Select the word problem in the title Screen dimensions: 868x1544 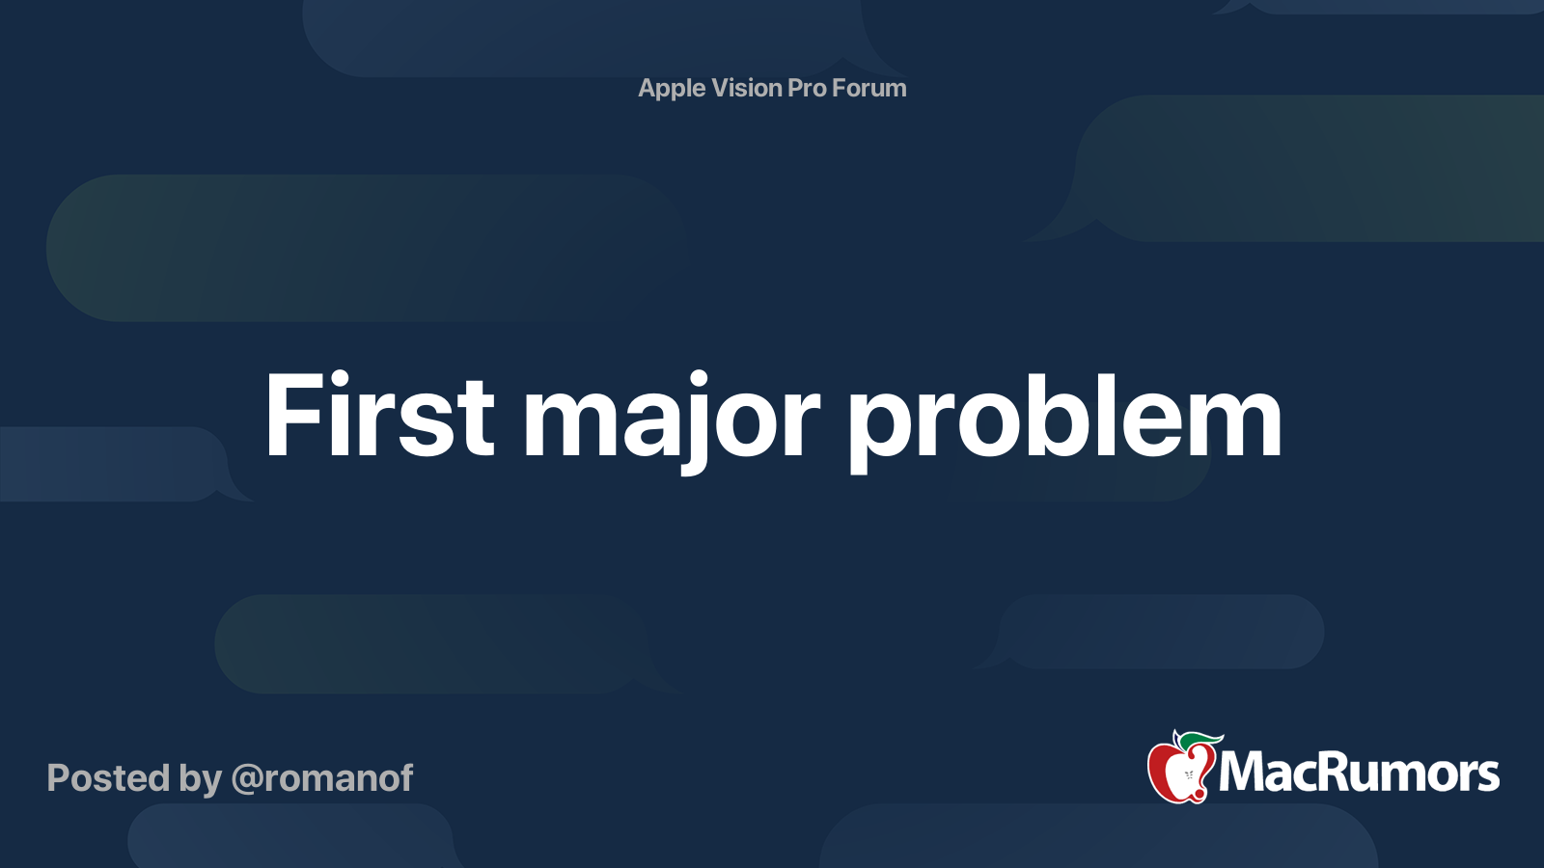[1064, 417]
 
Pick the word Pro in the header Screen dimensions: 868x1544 [807, 88]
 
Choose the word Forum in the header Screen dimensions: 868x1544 [869, 88]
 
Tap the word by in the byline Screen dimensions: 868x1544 [200, 779]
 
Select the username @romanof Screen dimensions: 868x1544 [322, 778]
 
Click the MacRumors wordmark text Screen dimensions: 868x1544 [1359, 773]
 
